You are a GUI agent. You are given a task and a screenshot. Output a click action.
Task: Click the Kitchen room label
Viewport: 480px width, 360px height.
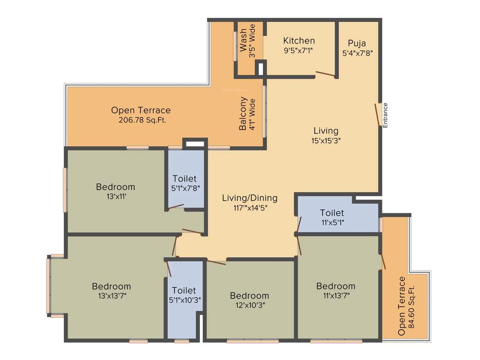pyautogui.click(x=299, y=41)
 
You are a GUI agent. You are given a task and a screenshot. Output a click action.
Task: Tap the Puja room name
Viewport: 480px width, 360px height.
pyautogui.click(x=357, y=43)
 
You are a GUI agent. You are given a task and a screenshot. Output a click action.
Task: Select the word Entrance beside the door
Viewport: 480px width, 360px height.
pyautogui.click(x=385, y=115)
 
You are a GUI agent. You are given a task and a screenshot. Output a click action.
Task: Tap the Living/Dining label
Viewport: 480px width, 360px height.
pyautogui.click(x=249, y=198)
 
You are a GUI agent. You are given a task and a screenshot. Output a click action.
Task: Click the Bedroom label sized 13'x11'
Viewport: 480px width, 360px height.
pyautogui.click(x=115, y=187)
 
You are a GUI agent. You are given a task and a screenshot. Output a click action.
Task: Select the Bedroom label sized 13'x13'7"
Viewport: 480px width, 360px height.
pyautogui.click(x=111, y=286)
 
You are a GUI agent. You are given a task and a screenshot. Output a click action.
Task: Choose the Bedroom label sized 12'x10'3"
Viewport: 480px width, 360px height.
pyautogui.click(x=249, y=295)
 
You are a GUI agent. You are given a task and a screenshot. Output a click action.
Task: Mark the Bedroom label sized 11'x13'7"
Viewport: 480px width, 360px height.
pyautogui.click(x=336, y=286)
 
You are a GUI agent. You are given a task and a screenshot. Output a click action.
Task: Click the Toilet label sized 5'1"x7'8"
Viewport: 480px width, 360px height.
pyautogui.click(x=184, y=179)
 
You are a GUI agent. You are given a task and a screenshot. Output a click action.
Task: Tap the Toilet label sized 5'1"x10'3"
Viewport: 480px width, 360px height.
pyautogui.click(x=184, y=291)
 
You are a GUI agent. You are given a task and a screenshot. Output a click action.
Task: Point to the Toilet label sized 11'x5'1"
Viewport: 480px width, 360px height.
pyautogui.click(x=332, y=213)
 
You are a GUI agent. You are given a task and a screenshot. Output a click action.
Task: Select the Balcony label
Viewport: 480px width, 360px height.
pyautogui.click(x=243, y=114)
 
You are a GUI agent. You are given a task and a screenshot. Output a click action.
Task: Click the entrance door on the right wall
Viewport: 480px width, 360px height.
pyautogui.click(x=377, y=114)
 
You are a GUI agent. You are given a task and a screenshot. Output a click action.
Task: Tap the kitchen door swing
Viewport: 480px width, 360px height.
pyautogui.click(x=325, y=74)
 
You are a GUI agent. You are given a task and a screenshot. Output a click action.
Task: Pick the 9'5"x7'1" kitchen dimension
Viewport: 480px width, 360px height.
pyautogui.click(x=299, y=51)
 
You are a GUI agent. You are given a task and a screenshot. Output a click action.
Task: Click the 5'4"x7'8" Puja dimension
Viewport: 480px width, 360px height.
pyautogui.click(x=357, y=53)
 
